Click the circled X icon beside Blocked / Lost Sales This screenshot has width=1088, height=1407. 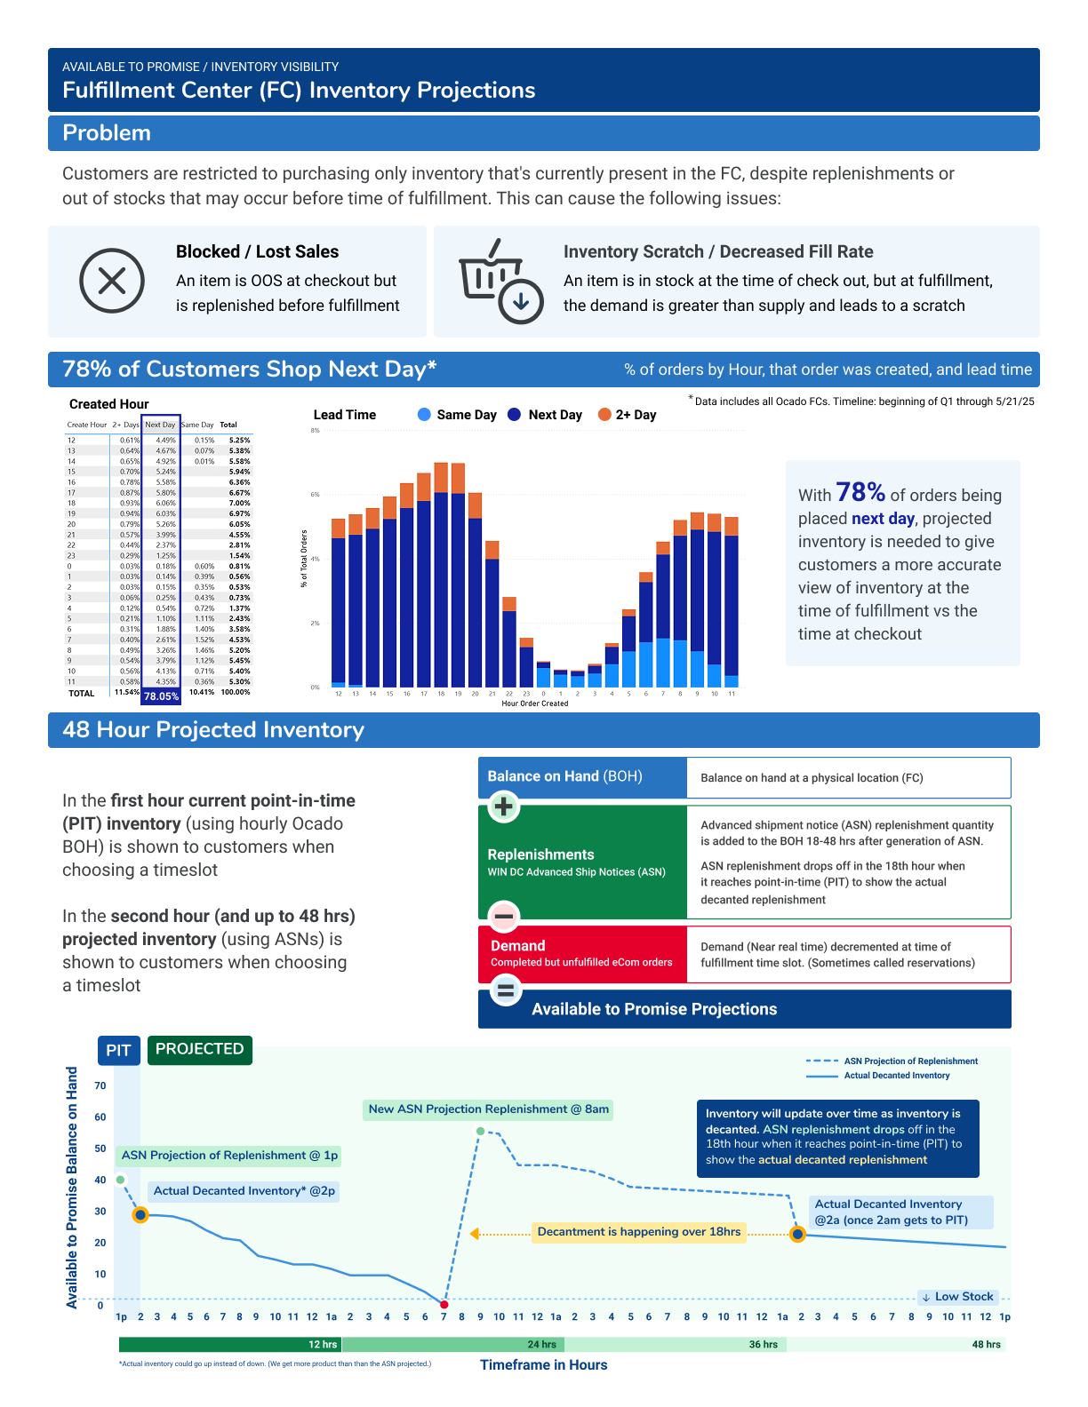point(112,281)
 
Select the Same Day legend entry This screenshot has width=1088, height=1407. point(457,415)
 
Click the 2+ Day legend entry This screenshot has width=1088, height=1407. point(628,415)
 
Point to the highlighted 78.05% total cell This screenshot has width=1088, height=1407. point(161,696)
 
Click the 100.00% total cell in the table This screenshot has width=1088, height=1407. point(236,692)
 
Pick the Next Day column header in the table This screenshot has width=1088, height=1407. point(160,425)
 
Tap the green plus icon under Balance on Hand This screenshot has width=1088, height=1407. point(504,807)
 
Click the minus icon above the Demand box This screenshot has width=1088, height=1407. point(504,916)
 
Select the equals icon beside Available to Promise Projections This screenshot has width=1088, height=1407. point(506,990)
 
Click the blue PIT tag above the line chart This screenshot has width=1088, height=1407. point(118,1050)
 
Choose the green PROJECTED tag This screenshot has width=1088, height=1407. point(199,1049)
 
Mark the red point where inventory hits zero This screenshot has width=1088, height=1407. point(444,1304)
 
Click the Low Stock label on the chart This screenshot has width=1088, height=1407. point(957,1297)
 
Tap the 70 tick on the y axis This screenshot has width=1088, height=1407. point(100,1085)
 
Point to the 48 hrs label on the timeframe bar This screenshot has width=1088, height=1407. point(986,1344)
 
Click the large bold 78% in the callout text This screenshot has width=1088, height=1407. point(860,492)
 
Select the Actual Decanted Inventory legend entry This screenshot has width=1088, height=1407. point(896,1076)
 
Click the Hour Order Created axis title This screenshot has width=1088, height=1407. point(535,703)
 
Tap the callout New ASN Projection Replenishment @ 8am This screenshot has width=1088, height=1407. point(488,1109)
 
